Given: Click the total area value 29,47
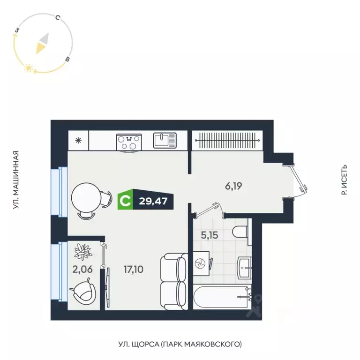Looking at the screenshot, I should pyautogui.click(x=153, y=202).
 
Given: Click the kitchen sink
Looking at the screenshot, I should pyautogui.click(x=165, y=140).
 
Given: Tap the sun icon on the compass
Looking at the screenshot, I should pyautogui.click(x=29, y=68).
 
